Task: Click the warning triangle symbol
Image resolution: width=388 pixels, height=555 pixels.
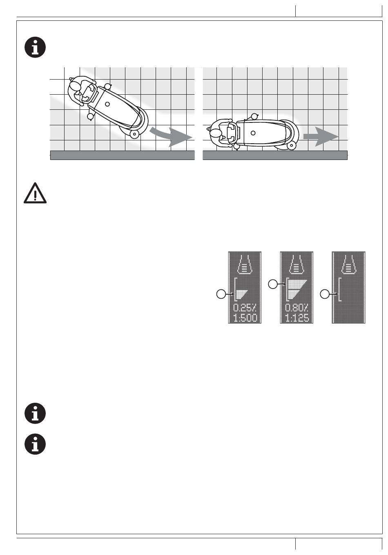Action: (35, 193)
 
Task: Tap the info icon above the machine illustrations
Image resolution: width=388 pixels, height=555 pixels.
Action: (35, 47)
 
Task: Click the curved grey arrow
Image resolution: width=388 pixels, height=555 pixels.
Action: (171, 136)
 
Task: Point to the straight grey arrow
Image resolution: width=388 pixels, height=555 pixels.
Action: (321, 136)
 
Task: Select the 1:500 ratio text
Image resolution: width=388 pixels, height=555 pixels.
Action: (245, 318)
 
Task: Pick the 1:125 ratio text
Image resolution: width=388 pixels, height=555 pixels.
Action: (297, 318)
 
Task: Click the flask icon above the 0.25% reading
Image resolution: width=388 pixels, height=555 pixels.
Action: (245, 264)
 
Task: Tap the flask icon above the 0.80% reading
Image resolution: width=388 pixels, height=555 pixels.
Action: (297, 264)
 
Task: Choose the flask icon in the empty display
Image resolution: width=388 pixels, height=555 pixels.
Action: (348, 264)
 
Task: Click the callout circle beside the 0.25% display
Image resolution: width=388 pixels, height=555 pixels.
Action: (221, 294)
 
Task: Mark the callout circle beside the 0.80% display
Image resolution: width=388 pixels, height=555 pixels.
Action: (273, 284)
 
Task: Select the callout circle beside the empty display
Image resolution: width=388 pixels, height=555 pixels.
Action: (325, 294)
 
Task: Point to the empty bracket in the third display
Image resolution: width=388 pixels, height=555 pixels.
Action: (339, 290)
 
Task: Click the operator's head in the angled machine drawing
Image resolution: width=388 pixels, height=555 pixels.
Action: (75, 86)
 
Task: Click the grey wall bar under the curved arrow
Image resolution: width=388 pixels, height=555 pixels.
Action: (123, 155)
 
